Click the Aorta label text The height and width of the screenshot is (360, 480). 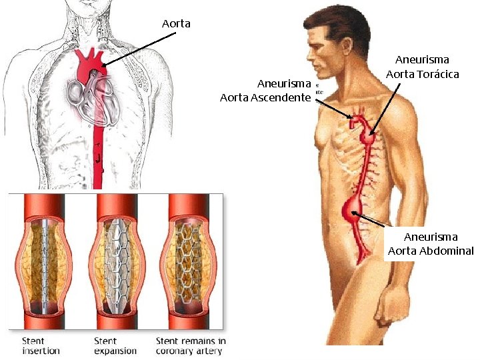(x=176, y=24)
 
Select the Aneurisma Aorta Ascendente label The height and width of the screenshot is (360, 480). (x=265, y=91)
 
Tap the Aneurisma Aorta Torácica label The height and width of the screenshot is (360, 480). (x=423, y=67)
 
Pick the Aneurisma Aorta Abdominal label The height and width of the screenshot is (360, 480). (x=431, y=244)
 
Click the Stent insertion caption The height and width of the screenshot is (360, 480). (x=41, y=345)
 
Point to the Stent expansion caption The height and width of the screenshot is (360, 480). (x=115, y=345)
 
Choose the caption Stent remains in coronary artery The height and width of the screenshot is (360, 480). (x=191, y=345)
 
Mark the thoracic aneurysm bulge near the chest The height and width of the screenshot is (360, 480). (x=367, y=139)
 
